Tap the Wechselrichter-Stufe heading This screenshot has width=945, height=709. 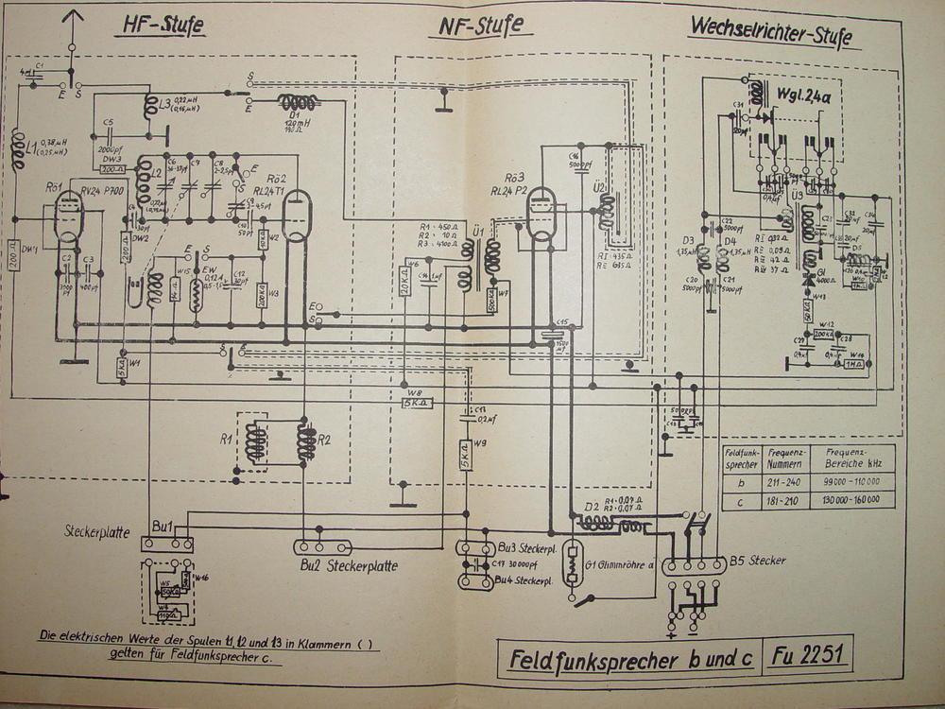click(x=770, y=30)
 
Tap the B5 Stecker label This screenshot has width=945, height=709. click(x=757, y=561)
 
